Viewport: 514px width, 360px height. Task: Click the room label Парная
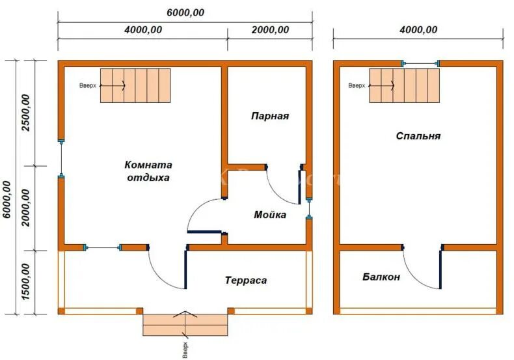[x=269, y=116]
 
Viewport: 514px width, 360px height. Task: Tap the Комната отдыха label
[x=148, y=171]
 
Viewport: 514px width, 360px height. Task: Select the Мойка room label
[x=270, y=215]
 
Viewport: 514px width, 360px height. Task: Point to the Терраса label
[x=246, y=281]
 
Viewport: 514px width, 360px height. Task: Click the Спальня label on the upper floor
[x=418, y=136]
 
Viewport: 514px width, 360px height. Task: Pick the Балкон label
[x=381, y=277]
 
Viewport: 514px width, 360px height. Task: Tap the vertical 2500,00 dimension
[x=26, y=113]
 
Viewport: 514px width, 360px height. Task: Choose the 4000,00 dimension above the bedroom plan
[x=418, y=30]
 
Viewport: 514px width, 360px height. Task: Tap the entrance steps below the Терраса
[x=185, y=324]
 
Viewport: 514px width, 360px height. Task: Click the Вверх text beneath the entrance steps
[x=185, y=349]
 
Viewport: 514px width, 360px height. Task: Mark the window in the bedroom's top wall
[x=420, y=63]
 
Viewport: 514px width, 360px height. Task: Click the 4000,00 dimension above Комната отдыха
[x=142, y=30]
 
